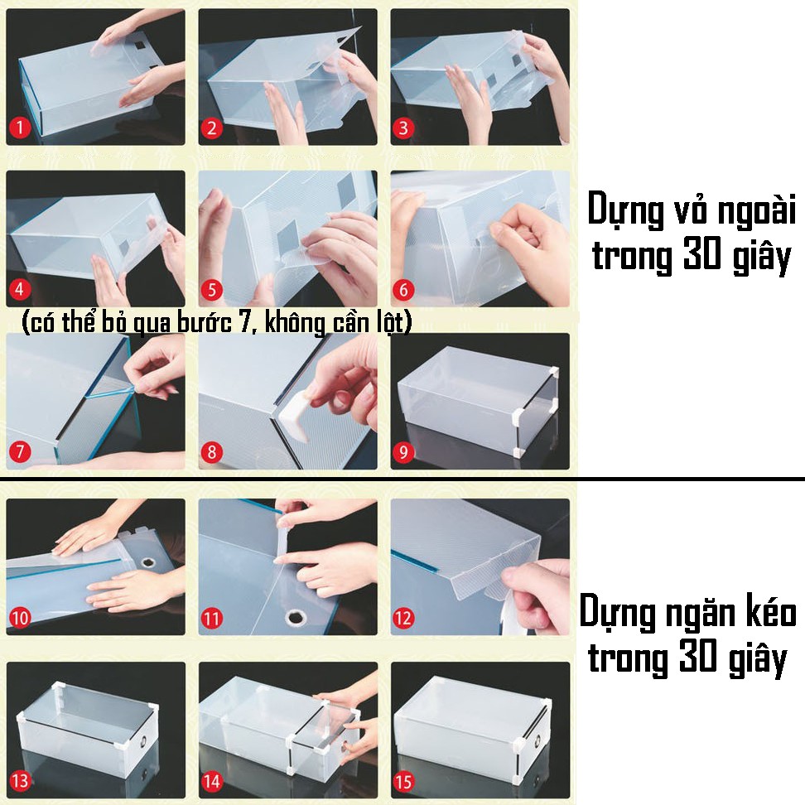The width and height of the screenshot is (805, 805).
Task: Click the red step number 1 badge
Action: [20, 127]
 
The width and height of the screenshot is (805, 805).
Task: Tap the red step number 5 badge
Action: [211, 290]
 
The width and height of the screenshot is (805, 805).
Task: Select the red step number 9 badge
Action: [403, 452]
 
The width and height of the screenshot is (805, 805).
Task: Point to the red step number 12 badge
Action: [403, 618]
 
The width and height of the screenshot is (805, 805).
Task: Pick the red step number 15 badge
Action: [403, 781]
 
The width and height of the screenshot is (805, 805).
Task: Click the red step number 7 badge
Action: [20, 452]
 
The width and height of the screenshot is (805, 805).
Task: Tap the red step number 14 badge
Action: [211, 781]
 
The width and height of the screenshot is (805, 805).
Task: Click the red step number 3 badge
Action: [403, 127]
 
